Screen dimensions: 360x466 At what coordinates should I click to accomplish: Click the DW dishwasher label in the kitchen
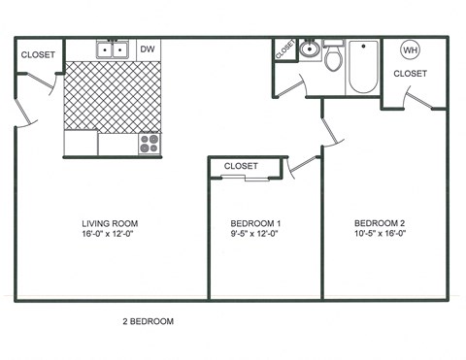click(148, 49)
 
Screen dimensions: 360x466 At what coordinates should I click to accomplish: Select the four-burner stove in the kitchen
click(150, 144)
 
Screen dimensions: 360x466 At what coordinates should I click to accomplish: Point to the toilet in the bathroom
click(333, 60)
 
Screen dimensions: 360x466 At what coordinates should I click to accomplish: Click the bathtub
click(362, 67)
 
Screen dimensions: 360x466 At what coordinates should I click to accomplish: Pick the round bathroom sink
click(310, 50)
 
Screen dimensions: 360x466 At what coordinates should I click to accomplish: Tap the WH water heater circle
click(410, 49)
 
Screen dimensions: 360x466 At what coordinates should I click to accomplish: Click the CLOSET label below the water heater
click(410, 74)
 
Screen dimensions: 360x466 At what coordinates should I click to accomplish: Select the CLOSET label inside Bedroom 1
click(241, 166)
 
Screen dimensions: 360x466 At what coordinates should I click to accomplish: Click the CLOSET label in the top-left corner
click(38, 55)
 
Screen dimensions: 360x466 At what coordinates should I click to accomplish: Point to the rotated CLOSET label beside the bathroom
click(284, 49)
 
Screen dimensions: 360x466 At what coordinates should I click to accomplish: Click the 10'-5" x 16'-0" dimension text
click(380, 233)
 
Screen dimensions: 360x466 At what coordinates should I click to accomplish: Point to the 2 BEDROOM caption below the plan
click(148, 319)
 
